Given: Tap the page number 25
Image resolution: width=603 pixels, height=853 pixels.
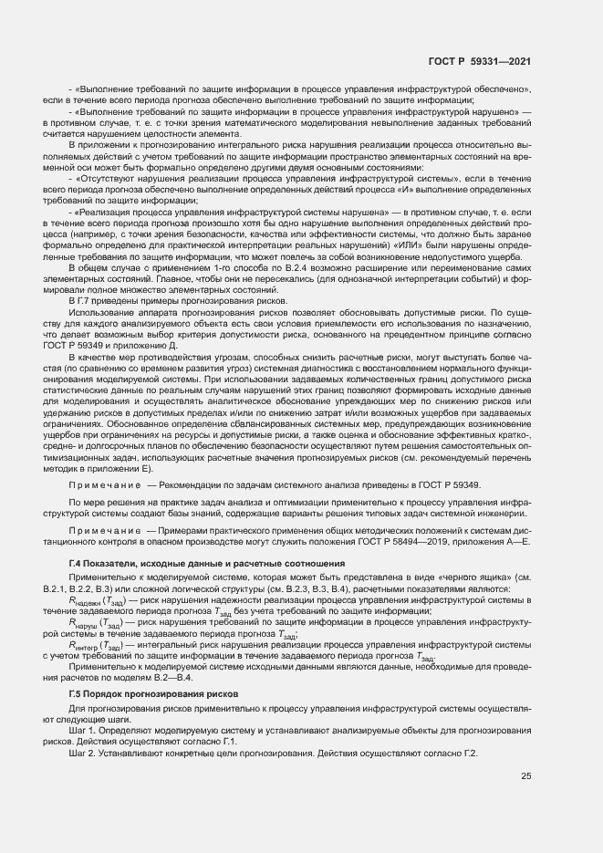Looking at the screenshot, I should [x=525, y=776].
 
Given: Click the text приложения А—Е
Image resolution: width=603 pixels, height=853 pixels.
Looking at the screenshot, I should [x=494, y=542].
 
